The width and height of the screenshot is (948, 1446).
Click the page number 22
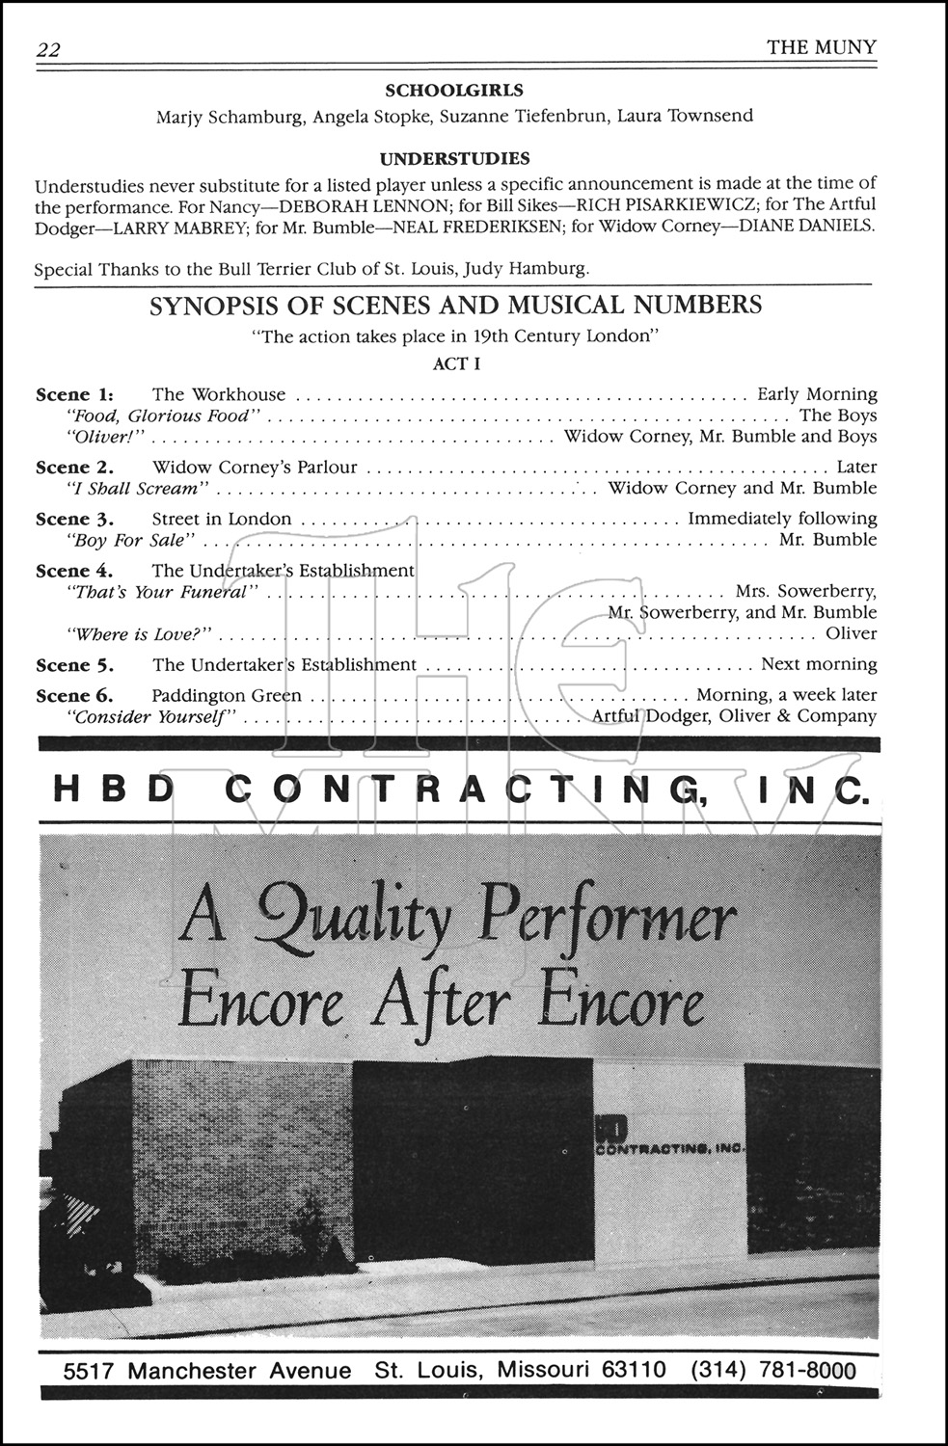(48, 50)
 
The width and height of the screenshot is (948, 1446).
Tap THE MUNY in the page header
(822, 47)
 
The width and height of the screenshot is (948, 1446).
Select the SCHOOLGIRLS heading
(454, 91)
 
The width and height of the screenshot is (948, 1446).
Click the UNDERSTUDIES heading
(454, 158)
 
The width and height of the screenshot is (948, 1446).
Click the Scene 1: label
(74, 394)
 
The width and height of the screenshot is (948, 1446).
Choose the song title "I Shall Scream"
(136, 488)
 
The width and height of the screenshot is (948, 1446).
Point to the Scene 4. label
(74, 571)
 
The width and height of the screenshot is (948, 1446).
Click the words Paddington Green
(227, 695)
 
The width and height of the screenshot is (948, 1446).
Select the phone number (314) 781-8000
(773, 1370)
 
